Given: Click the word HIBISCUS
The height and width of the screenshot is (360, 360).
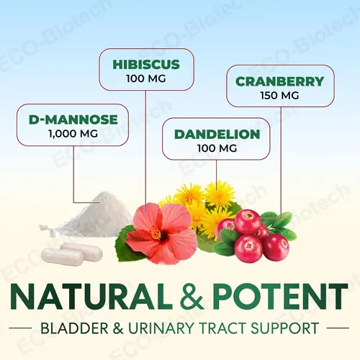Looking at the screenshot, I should (145, 64).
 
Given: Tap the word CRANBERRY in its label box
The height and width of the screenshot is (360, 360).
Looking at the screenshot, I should (279, 81).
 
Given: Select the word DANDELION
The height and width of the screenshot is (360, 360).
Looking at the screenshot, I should (206, 133).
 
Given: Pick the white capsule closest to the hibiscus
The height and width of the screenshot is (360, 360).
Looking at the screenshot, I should (86, 251).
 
